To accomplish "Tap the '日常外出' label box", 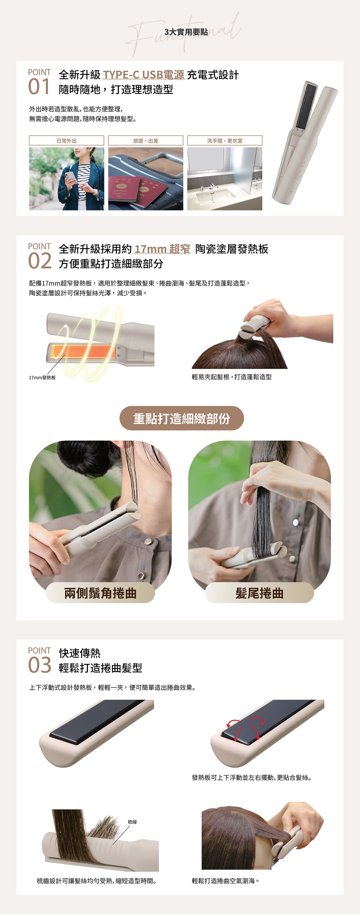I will click(x=67, y=141).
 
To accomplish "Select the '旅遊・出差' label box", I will click(x=145, y=141).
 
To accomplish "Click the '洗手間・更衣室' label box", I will click(x=224, y=141).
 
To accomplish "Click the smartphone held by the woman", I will click(x=70, y=176).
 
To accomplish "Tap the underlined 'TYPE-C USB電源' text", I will click(x=144, y=75).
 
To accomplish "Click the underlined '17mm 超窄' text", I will click(x=162, y=249).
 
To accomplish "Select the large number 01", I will click(x=39, y=87).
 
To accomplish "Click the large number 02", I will click(x=39, y=261).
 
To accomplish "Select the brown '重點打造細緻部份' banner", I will click(x=181, y=418).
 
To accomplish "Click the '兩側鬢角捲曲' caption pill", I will click(x=100, y=593).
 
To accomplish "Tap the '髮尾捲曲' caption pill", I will click(x=259, y=593).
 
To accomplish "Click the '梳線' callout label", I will click(x=132, y=822).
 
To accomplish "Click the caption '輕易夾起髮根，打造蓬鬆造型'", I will click(x=231, y=377).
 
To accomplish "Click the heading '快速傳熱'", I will click(x=80, y=653).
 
